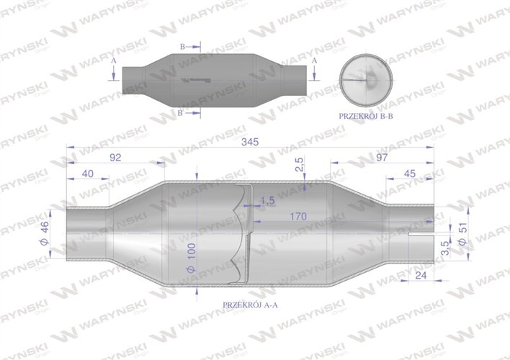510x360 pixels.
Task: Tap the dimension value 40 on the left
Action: (87, 173)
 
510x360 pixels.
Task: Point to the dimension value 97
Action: (382, 158)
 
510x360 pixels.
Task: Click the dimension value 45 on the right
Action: (409, 173)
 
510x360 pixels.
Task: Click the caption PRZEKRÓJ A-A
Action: (250, 305)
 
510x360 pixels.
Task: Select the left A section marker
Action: (114, 63)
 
